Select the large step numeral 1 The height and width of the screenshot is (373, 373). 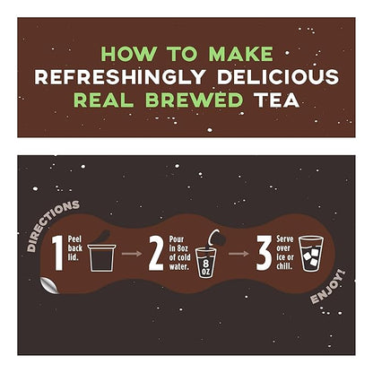point(58,255)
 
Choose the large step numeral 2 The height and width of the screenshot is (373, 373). point(156,255)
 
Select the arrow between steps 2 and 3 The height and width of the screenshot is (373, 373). point(237,254)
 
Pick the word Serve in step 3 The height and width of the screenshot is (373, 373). point(284,240)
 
